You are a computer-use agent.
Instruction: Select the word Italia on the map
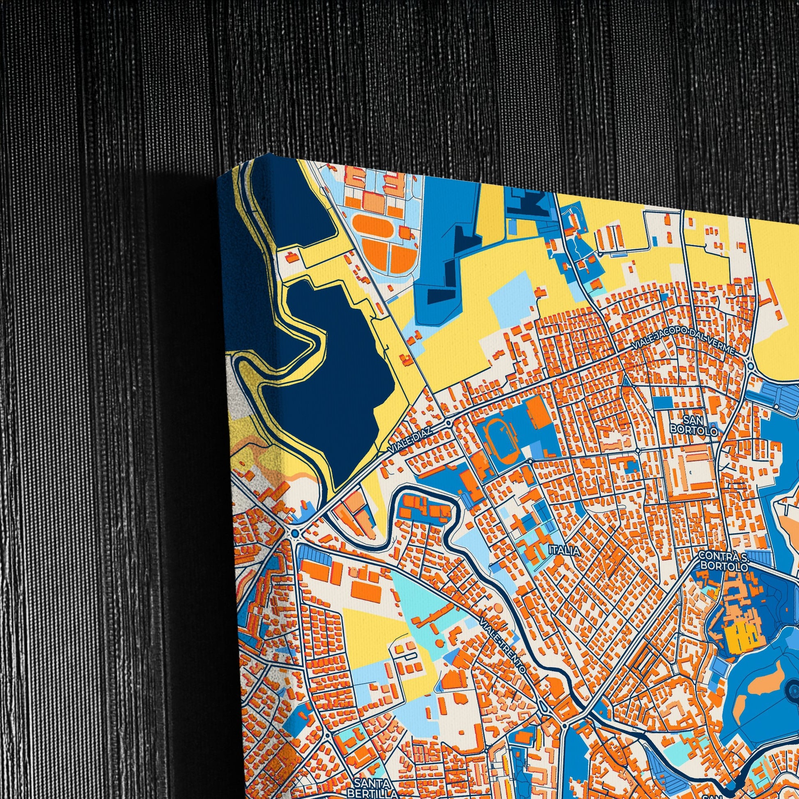click(x=564, y=551)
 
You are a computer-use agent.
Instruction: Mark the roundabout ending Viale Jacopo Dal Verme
click(x=751, y=365)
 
